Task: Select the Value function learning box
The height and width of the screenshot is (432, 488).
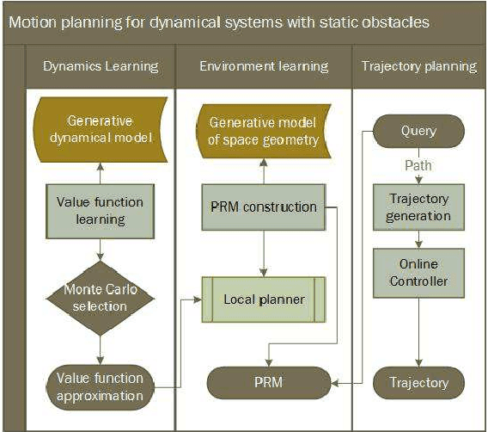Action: pyautogui.click(x=101, y=210)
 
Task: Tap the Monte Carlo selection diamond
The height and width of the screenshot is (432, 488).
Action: pyautogui.click(x=101, y=298)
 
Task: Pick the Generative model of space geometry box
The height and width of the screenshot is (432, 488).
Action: pyautogui.click(x=264, y=132)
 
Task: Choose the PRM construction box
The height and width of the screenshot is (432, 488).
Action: pyautogui.click(x=264, y=207)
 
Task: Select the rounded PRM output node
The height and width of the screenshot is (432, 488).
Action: pyautogui.click(x=264, y=382)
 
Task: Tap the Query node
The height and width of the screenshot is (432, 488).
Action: pyautogui.click(x=418, y=132)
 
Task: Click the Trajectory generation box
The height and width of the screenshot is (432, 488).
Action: pyautogui.click(x=418, y=207)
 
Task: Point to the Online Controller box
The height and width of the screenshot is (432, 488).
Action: pyautogui.click(x=418, y=271)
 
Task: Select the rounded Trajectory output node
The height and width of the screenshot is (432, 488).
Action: pyautogui.click(x=418, y=382)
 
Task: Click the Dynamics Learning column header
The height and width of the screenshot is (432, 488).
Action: pyautogui.click(x=101, y=66)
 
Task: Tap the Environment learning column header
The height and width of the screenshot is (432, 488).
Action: pyautogui.click(x=264, y=66)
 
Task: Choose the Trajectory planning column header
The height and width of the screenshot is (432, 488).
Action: pyautogui.click(x=418, y=66)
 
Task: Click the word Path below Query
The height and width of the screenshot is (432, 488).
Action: pyautogui.click(x=418, y=164)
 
